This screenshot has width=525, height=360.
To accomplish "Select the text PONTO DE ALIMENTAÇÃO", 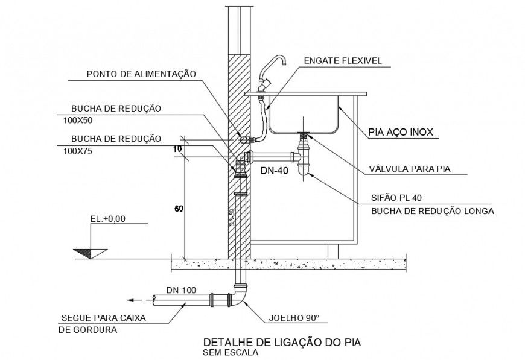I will point(142,74).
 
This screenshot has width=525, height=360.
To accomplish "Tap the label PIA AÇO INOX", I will point(401,131).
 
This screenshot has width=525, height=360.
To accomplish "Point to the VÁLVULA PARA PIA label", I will point(410,169).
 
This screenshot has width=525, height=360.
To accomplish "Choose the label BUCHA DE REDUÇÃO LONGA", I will point(432,211).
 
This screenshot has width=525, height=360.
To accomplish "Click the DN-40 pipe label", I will point(275,171).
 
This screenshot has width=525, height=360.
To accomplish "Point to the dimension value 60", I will point(179,209).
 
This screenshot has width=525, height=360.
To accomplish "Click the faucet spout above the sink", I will point(279,62).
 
